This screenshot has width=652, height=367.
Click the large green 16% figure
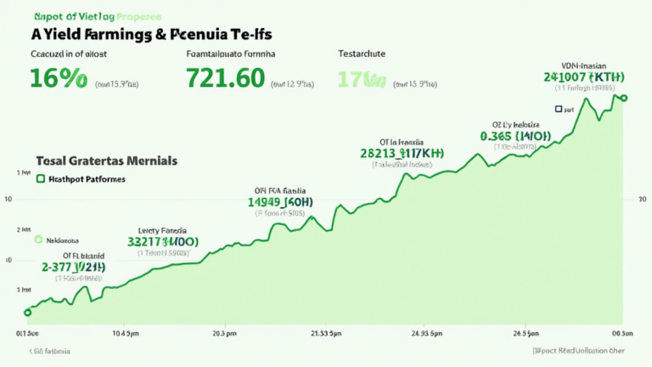[x=58, y=79]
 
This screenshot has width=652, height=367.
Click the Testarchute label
[x=362, y=54]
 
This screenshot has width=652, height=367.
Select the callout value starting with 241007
[x=584, y=77]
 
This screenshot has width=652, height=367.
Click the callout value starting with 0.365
[x=515, y=136]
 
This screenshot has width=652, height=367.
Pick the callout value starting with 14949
[x=280, y=202]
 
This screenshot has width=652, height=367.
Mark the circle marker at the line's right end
[x=625, y=98]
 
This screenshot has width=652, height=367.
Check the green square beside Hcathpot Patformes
[x=40, y=179]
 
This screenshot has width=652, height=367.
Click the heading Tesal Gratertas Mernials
[x=106, y=160]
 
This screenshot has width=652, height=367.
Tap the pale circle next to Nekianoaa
[x=37, y=240]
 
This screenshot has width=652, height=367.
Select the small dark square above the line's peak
[x=558, y=109]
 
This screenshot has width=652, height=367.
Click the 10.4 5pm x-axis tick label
[x=126, y=333]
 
